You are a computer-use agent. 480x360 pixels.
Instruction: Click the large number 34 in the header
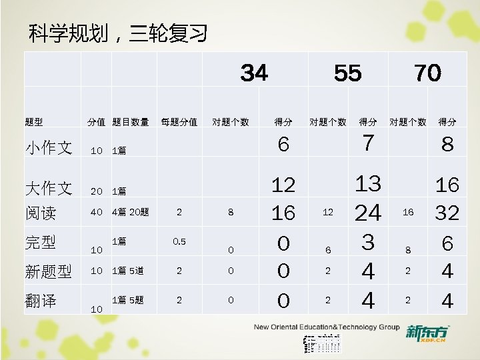(x=254, y=73)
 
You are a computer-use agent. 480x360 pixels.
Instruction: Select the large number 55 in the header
(x=347, y=73)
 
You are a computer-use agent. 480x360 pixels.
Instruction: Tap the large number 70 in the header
(x=427, y=73)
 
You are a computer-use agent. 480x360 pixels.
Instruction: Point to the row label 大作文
(x=49, y=189)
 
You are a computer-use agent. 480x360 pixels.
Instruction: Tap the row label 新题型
(x=49, y=271)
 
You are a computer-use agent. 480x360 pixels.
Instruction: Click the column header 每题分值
(x=179, y=122)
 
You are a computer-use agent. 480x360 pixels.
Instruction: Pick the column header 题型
(x=34, y=122)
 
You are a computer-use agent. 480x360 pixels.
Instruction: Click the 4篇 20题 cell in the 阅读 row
(x=131, y=213)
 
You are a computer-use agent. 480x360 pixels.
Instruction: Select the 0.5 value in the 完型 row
(x=179, y=241)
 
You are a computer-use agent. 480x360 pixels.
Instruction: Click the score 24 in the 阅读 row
(x=367, y=213)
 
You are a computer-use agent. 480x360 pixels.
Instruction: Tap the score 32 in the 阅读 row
(x=447, y=213)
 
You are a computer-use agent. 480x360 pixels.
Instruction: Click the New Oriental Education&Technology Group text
(x=326, y=327)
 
